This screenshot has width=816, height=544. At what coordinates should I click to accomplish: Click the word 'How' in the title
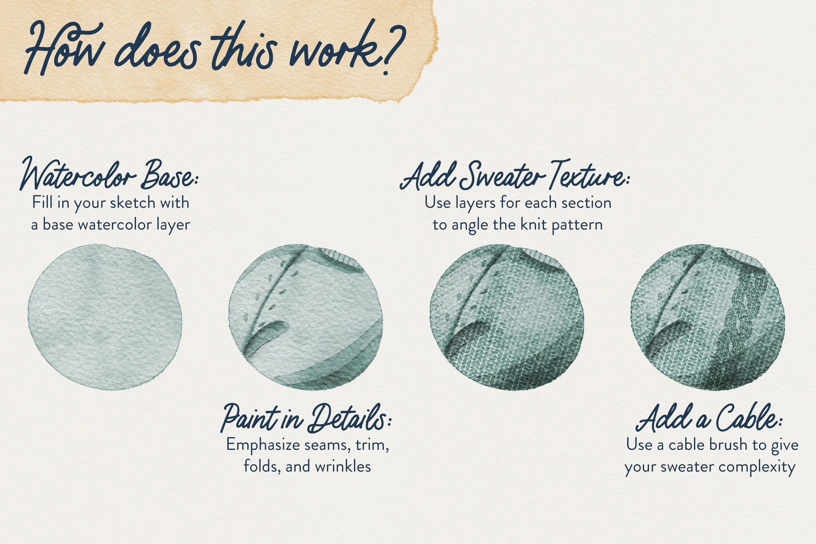pos(62,49)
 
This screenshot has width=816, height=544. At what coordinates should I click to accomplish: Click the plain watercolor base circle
pos(105,317)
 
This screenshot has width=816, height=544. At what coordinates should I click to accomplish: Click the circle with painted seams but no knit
pos(305,317)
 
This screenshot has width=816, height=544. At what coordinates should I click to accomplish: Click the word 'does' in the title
pos(158,52)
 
